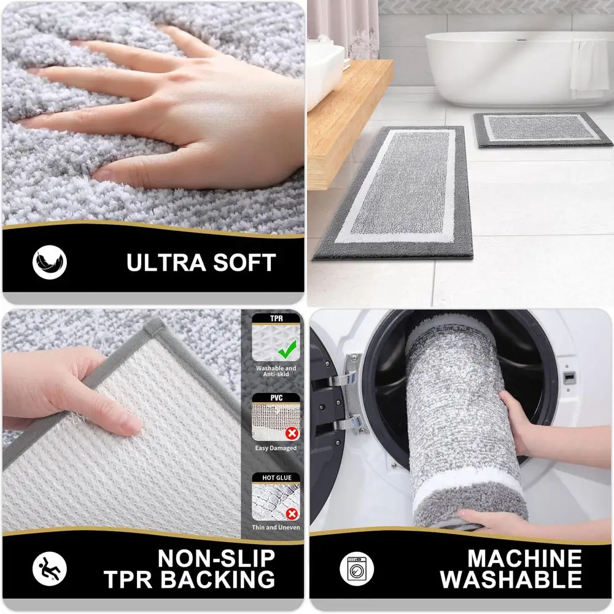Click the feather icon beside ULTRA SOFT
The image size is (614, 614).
(49, 262)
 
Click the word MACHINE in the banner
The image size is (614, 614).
(524, 559)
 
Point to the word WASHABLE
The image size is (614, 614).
(511, 579)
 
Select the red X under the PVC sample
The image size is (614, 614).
(292, 433)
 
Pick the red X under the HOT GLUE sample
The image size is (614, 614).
(292, 513)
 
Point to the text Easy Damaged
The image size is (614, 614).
(276, 448)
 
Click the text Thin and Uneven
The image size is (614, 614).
(276, 527)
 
